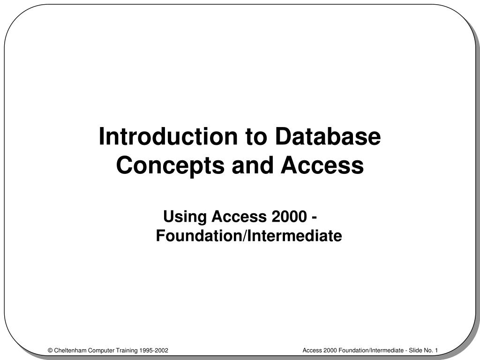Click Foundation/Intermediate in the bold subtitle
click(x=249, y=236)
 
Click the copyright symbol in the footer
click(x=50, y=351)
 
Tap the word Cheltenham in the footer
click(x=70, y=351)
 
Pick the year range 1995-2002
click(x=154, y=351)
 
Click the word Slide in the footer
click(x=416, y=351)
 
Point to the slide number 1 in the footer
click(x=436, y=351)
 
